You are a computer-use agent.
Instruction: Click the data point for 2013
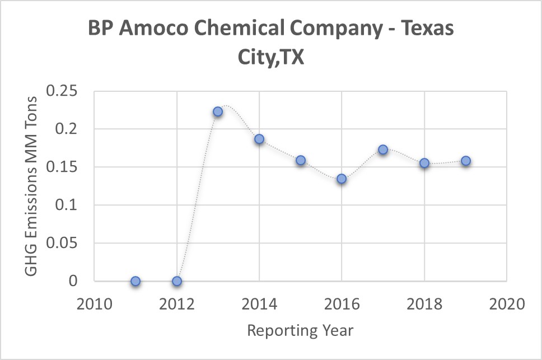[218, 111]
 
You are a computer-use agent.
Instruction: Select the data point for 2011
[135, 281]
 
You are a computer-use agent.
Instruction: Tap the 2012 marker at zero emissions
[177, 281]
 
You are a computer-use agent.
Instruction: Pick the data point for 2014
[259, 139]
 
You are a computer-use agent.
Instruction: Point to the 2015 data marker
[301, 160]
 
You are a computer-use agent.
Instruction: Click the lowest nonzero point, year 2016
[342, 179]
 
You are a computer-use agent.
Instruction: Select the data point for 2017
[383, 149]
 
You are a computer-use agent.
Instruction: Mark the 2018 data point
[424, 163]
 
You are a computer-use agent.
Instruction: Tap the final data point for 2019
[465, 161]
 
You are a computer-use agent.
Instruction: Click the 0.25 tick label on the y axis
[62, 91]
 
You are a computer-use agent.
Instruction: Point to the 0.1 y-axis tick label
[68, 205]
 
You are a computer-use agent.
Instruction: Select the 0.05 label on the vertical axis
[62, 244]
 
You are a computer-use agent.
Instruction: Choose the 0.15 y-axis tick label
[62, 167]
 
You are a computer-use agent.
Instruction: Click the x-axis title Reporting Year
[301, 330]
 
